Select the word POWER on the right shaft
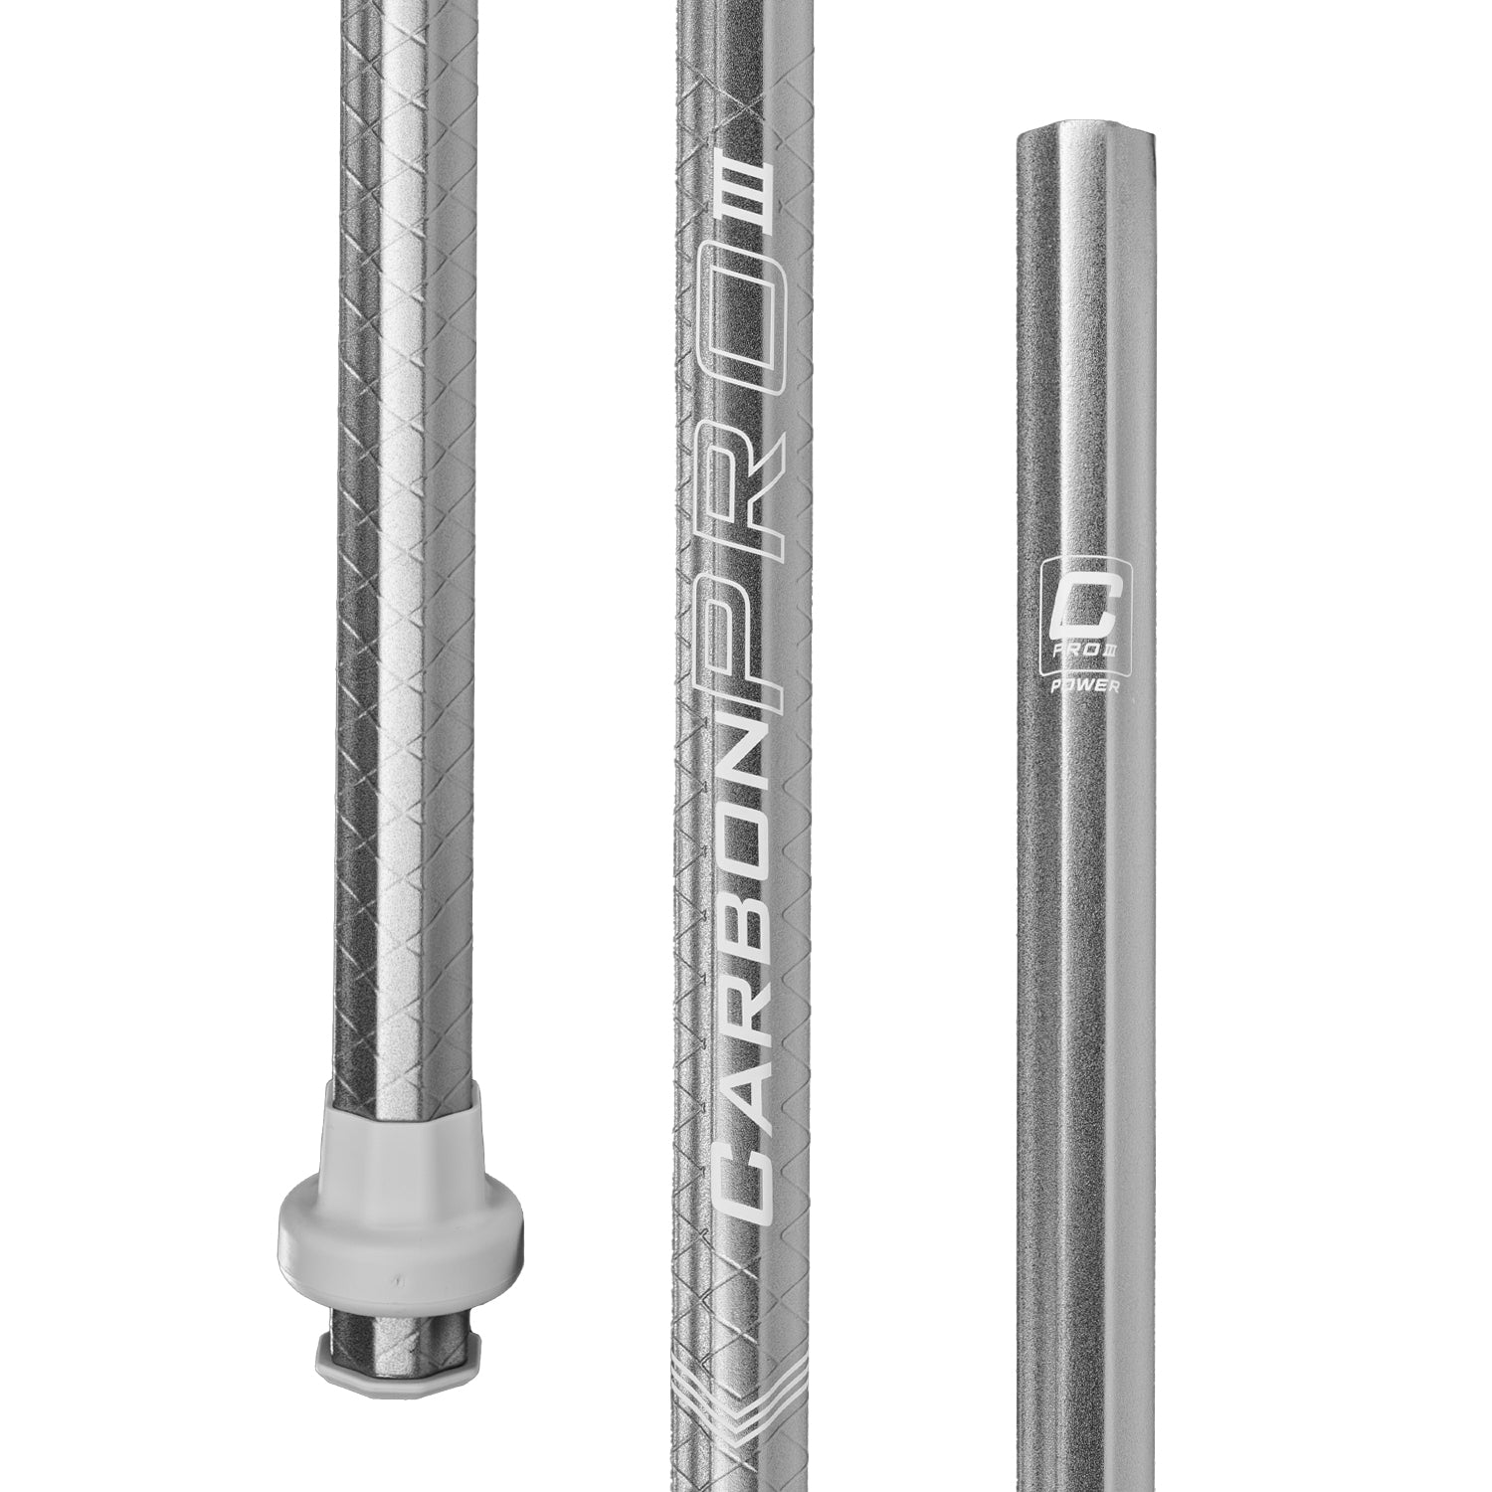1078,685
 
